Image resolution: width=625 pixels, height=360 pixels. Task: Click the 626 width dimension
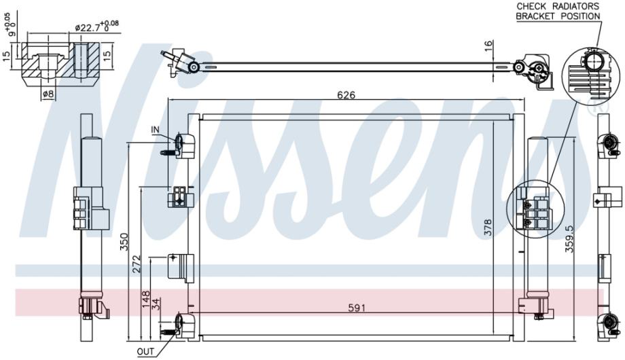(346, 95)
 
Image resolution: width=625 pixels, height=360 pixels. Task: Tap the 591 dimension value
(357, 308)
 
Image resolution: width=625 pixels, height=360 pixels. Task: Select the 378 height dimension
(488, 228)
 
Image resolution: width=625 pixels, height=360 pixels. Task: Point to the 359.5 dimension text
(569, 239)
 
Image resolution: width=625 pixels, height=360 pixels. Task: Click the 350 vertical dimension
(124, 242)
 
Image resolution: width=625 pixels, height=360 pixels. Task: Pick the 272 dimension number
(137, 264)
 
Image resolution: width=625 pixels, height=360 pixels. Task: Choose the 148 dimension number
(146, 300)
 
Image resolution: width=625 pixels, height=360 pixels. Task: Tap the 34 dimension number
(158, 304)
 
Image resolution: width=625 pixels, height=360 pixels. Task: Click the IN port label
(155, 130)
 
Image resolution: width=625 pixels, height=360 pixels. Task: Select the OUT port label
(145, 352)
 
